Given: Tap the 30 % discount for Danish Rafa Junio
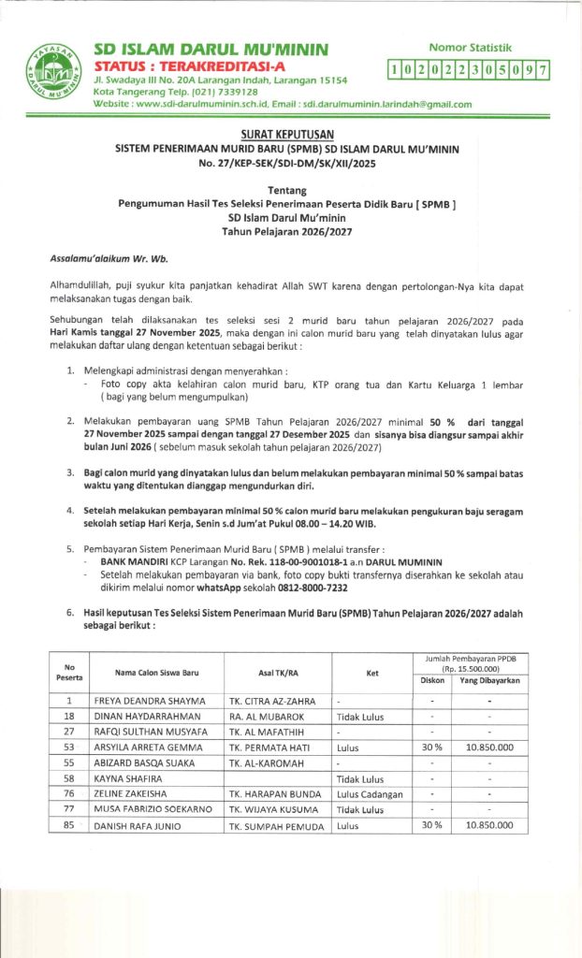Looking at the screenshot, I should pos(432,826).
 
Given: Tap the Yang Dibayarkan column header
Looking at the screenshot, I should pos(489,681).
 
